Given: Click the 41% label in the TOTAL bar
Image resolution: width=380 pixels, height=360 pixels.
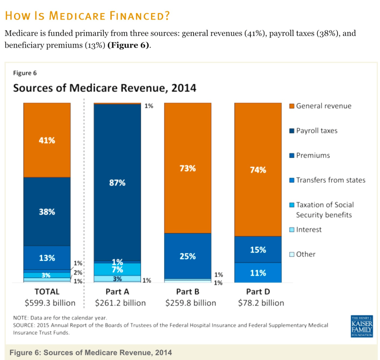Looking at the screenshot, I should pyautogui.click(x=47, y=140).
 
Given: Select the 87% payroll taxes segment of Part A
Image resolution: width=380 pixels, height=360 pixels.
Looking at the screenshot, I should pyautogui.click(x=117, y=183).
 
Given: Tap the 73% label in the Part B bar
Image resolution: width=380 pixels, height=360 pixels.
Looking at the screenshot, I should pyautogui.click(x=187, y=168).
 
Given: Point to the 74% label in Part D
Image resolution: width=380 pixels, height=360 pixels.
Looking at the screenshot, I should pyautogui.click(x=258, y=170).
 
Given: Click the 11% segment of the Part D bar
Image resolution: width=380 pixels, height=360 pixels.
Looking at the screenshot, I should pyautogui.click(x=258, y=273).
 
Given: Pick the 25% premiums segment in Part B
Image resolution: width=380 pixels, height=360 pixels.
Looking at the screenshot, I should pyautogui.click(x=187, y=256).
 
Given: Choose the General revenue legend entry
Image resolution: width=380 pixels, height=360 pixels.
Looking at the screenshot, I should pyautogui.click(x=320, y=106).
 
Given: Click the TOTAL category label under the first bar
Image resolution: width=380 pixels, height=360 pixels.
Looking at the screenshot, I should pyautogui.click(x=47, y=292).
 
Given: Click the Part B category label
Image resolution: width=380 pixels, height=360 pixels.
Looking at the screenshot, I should pyautogui.click(x=188, y=292).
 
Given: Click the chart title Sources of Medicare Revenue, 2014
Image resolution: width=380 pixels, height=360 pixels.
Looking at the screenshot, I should pyautogui.click(x=104, y=88).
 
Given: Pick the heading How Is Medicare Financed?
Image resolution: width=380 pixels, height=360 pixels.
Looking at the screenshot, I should pyautogui.click(x=87, y=16).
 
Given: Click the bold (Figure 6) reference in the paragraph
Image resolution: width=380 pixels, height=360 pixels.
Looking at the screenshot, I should pyautogui.click(x=128, y=46).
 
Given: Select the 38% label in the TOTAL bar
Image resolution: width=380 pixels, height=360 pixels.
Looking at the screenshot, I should pyautogui.click(x=47, y=211).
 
